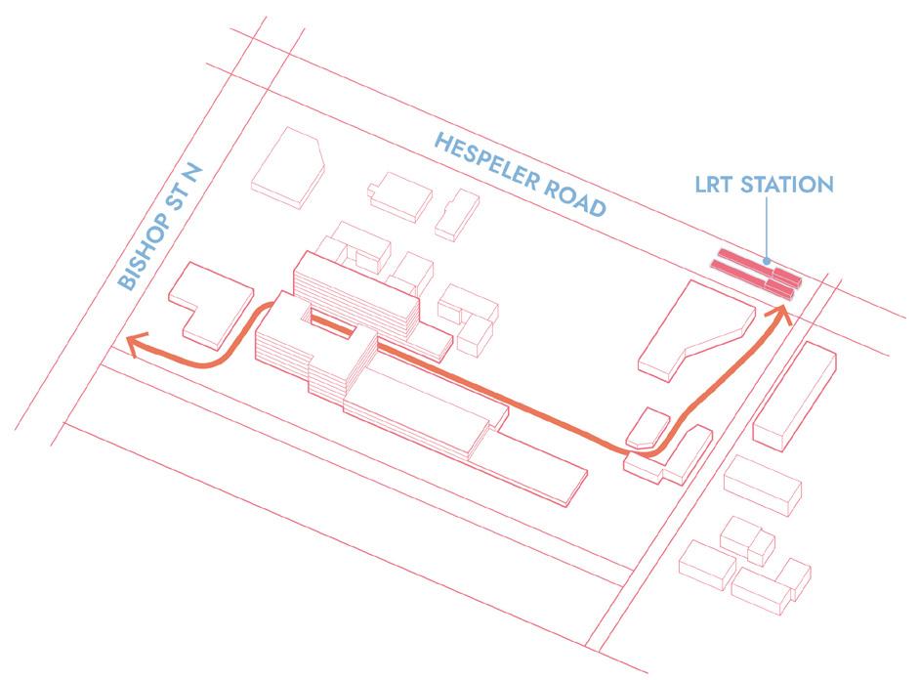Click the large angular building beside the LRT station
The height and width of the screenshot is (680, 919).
tap(689, 327)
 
